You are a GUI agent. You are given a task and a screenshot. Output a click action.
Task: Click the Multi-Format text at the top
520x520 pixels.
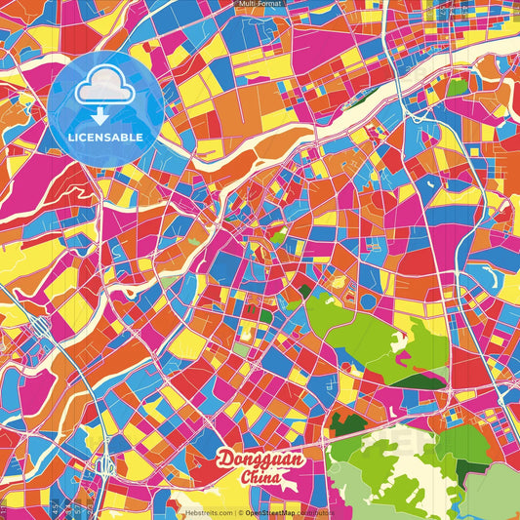(x=260, y=4)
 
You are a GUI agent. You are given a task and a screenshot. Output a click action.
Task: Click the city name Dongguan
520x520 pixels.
(x=260, y=460)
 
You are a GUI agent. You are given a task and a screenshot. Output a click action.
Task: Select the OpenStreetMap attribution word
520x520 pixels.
(x=272, y=512)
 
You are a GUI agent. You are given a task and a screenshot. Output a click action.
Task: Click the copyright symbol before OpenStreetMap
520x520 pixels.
(x=239, y=512)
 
